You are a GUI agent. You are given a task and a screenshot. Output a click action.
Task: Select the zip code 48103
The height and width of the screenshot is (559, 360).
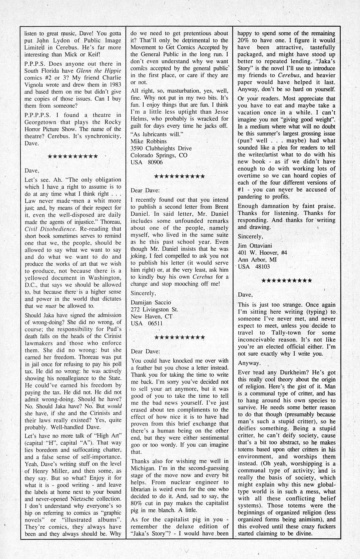262,267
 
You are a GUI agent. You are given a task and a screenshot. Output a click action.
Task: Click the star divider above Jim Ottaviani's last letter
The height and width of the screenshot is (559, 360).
286,281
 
